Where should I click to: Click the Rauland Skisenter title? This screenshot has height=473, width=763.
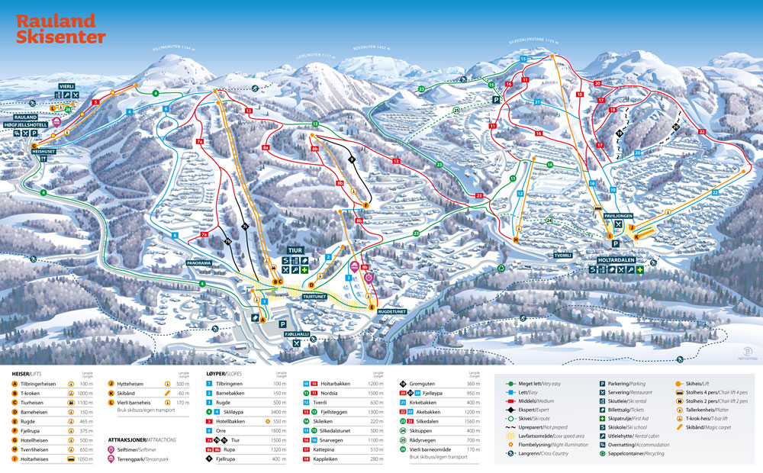(x=61, y=29)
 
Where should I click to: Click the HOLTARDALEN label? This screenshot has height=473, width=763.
(x=617, y=259)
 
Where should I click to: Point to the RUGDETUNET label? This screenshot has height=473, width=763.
(x=388, y=311)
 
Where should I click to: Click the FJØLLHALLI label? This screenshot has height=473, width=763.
(x=298, y=335)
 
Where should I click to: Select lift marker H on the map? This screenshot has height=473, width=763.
(x=516, y=240)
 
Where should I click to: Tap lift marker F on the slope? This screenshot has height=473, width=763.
(x=366, y=205)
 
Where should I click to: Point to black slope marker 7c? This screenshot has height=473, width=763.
(x=244, y=227)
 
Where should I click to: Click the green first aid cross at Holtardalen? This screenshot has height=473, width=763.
(x=642, y=270)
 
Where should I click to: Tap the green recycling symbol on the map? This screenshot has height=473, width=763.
(x=501, y=268)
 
